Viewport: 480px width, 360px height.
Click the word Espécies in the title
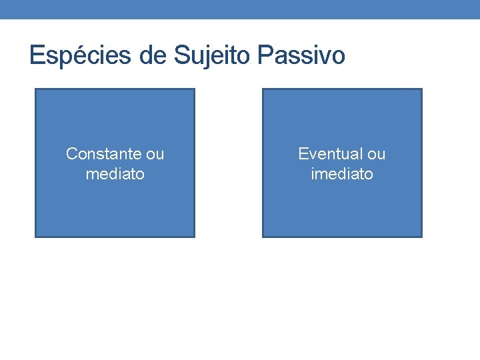click(81, 55)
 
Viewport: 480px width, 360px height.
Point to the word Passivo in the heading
click(301, 55)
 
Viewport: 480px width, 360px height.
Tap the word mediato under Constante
click(115, 174)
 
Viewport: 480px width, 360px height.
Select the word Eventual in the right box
click(327, 154)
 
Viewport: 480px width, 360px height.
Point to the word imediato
click(342, 174)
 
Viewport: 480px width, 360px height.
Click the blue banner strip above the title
click(240, 9)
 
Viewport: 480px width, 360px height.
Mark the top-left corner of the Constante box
click(35, 89)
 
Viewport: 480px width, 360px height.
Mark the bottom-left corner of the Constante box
click(35, 237)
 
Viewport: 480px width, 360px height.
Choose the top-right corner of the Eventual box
click(421, 89)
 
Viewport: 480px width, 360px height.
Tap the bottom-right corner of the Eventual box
click(421, 237)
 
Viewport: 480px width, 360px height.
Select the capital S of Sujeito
click(182, 55)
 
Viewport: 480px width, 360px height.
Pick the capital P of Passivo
click(263, 55)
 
